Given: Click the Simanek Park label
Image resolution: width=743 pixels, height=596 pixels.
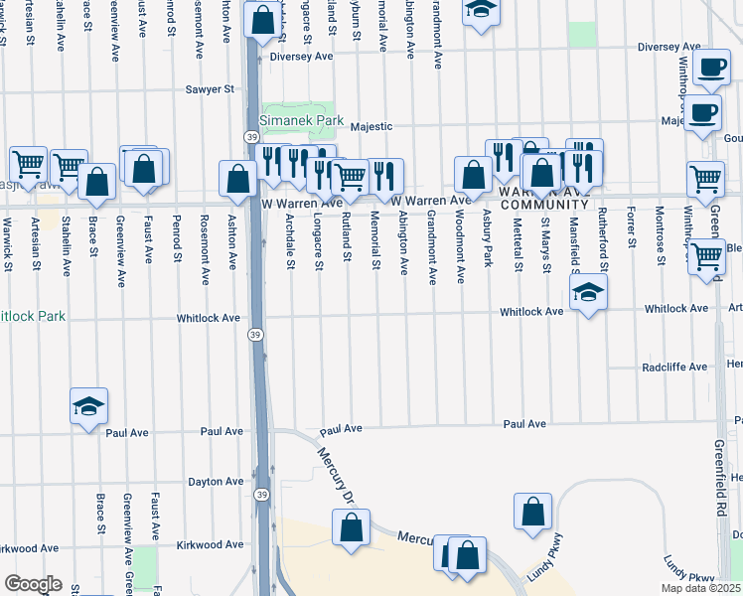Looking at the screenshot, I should [302, 121].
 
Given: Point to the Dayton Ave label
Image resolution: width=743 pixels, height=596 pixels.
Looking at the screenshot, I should [216, 482].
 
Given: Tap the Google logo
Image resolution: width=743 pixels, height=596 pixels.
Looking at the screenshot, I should [32, 584].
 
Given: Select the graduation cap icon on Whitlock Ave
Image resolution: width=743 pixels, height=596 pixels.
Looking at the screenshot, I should [588, 292].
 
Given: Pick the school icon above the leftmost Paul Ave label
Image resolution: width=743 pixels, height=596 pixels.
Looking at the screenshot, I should [88, 406].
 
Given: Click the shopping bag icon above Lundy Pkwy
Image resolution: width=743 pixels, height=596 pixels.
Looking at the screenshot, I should [532, 511].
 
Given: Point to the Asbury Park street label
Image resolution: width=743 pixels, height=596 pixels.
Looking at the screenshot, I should [487, 237].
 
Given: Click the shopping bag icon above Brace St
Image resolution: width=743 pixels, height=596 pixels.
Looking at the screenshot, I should [96, 182].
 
